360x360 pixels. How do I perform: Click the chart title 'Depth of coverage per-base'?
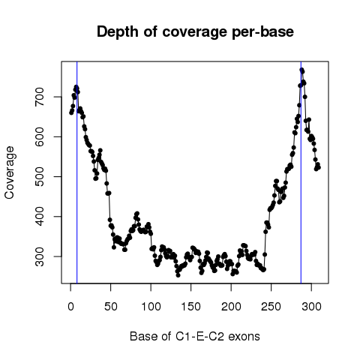coord(195,32)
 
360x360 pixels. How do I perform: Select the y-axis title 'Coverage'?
coord(10,172)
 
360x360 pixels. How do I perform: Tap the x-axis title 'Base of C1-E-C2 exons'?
coord(195,337)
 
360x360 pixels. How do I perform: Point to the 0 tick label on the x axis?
coord(70,307)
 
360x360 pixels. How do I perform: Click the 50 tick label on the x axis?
coord(111,307)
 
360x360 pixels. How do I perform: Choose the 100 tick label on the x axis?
coord(151,307)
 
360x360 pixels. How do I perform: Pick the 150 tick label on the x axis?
coord(191,307)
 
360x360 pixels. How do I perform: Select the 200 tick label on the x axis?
coord(231,307)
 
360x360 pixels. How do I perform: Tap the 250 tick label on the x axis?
coord(271,307)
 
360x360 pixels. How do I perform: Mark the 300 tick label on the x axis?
coord(311,307)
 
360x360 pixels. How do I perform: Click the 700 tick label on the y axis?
coord(40,97)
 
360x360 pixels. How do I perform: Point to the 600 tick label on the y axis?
coord(40,136)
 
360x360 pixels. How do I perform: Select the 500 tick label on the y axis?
coord(40,176)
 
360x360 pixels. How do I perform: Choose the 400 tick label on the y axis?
coord(40,217)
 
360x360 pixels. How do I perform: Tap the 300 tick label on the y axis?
coord(40,256)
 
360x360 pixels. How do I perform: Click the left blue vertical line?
coord(77,172)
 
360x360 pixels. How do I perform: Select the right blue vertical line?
coord(301,172)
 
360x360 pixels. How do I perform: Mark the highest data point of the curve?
coord(301,70)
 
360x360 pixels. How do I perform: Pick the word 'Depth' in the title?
coord(117,32)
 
